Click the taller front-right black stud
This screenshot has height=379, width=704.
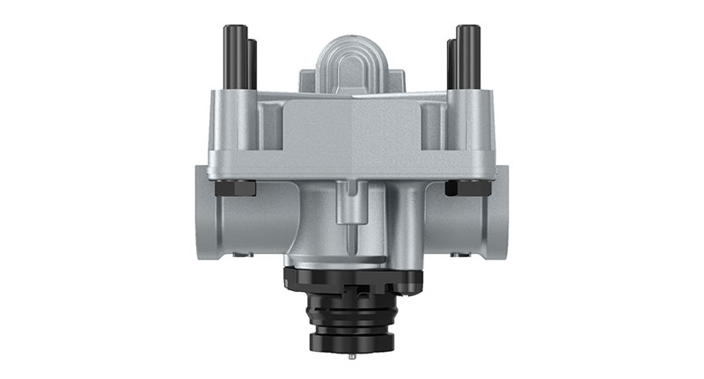click(463, 56)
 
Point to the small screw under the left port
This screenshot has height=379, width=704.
click(242, 256)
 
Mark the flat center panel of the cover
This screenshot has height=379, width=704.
click(352, 132)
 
